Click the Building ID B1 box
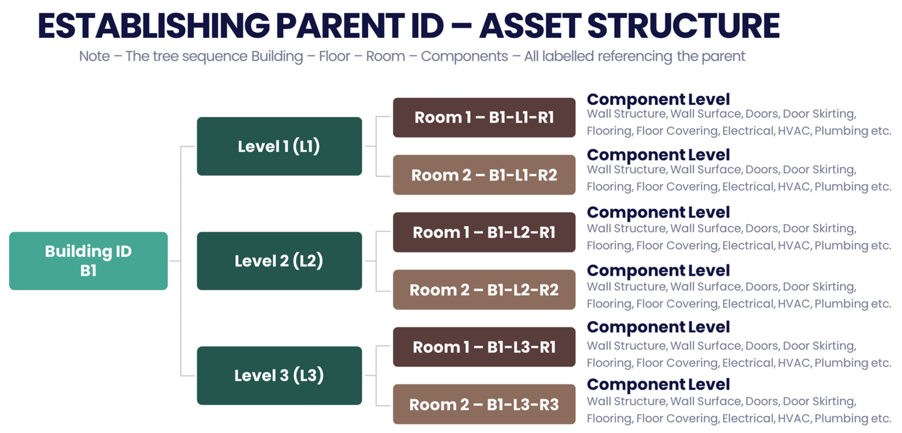click(x=88, y=261)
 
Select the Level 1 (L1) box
click(x=279, y=146)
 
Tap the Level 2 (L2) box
click(x=279, y=261)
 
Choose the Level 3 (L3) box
click(x=279, y=375)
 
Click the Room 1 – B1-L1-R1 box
click(x=484, y=117)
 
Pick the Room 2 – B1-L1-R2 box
click(x=484, y=175)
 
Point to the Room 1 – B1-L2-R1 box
click(x=484, y=232)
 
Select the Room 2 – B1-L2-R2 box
click(x=484, y=290)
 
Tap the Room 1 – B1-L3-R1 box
click(x=484, y=347)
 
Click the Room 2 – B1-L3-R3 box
click(x=484, y=404)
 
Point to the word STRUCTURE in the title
click(x=683, y=26)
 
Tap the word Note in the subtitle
click(x=94, y=56)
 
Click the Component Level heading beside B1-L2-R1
click(x=658, y=213)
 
